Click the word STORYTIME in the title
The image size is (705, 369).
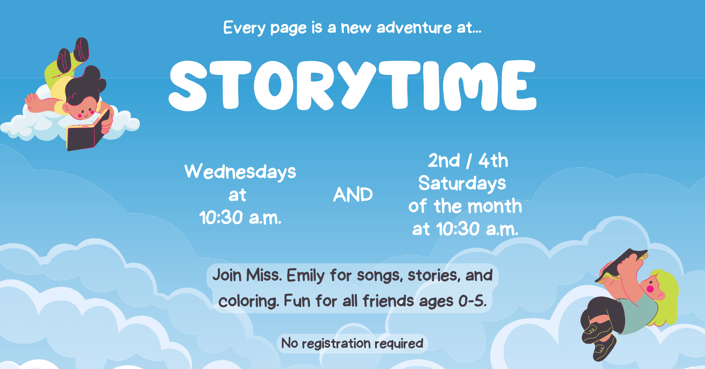click(352, 85)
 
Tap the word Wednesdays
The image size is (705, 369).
click(240, 172)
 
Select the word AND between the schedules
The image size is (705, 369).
click(353, 195)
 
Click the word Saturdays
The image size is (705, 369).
click(462, 184)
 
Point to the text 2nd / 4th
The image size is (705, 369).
click(468, 161)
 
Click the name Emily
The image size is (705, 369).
click(305, 276)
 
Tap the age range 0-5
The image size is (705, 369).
click(473, 301)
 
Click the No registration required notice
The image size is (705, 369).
click(352, 344)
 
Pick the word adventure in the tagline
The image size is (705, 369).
click(414, 28)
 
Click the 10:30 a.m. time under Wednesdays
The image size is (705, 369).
click(240, 218)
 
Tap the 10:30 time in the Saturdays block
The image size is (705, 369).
click(458, 229)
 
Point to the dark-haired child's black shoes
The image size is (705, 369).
click(73, 54)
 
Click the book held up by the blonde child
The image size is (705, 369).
click(621, 265)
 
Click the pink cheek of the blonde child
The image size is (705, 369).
click(650, 289)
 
